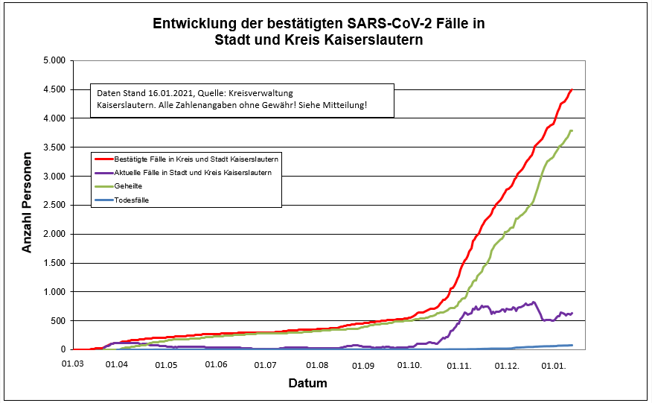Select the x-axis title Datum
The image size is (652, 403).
pos(307,384)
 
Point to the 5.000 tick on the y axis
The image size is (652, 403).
pos(52,60)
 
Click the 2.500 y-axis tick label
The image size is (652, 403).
pos(52,205)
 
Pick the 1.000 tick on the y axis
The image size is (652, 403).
pos(52,292)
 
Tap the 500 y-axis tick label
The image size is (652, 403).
pos(57,321)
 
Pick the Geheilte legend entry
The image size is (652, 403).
pos(130,186)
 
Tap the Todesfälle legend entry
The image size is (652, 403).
pos(133,200)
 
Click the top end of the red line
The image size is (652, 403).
pos(572,89)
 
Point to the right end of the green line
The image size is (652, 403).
pos(572,130)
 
